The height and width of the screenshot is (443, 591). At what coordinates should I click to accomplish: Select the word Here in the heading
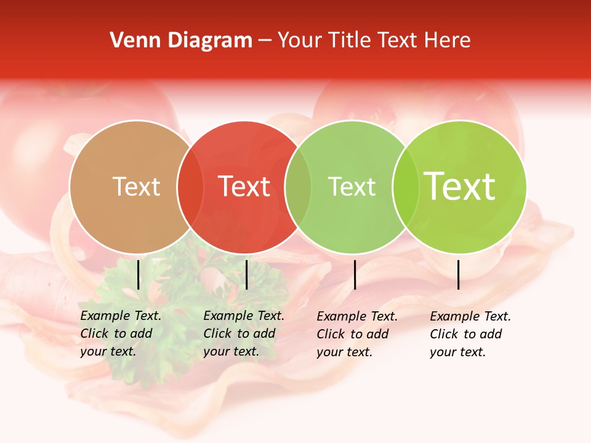(448, 41)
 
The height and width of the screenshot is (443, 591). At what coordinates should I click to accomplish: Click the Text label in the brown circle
(136, 186)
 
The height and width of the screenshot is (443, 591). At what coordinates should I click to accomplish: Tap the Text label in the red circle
(244, 186)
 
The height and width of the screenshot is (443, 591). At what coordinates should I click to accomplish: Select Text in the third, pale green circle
(352, 186)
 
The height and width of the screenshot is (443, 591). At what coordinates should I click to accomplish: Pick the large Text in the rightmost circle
(460, 186)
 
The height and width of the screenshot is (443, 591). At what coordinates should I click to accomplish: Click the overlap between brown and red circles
(190, 186)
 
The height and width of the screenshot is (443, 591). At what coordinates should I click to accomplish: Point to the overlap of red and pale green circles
(298, 186)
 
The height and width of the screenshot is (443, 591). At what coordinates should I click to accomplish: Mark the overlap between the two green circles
(406, 186)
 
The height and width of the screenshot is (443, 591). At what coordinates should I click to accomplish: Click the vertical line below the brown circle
(139, 274)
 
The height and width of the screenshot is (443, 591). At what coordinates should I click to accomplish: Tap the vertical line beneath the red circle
(246, 274)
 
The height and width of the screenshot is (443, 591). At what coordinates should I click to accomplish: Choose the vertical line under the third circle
(355, 274)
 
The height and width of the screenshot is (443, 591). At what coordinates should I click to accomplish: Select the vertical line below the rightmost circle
(458, 274)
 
